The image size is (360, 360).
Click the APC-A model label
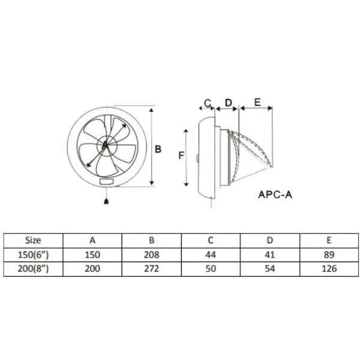point(275,194)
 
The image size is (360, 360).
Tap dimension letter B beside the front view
point(158,149)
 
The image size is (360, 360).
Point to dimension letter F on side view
point(181,155)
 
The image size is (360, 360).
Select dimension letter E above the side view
point(257,102)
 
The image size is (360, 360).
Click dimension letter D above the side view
point(229,103)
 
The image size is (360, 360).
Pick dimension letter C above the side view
point(208,103)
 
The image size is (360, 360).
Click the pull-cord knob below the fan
point(106,202)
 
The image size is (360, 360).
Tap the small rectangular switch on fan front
point(107,182)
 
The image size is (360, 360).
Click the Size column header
point(33,241)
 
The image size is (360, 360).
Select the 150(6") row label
point(33,254)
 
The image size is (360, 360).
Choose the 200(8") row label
point(33,269)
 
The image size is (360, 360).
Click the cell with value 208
point(152,254)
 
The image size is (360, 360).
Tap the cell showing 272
point(152,269)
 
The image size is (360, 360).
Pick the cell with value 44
point(211,254)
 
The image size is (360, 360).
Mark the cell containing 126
point(329,269)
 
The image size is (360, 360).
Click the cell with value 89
point(329,254)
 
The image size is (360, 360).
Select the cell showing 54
point(270,269)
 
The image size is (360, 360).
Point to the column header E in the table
point(329,241)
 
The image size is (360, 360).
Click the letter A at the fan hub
point(104,145)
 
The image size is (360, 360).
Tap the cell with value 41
point(270,254)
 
